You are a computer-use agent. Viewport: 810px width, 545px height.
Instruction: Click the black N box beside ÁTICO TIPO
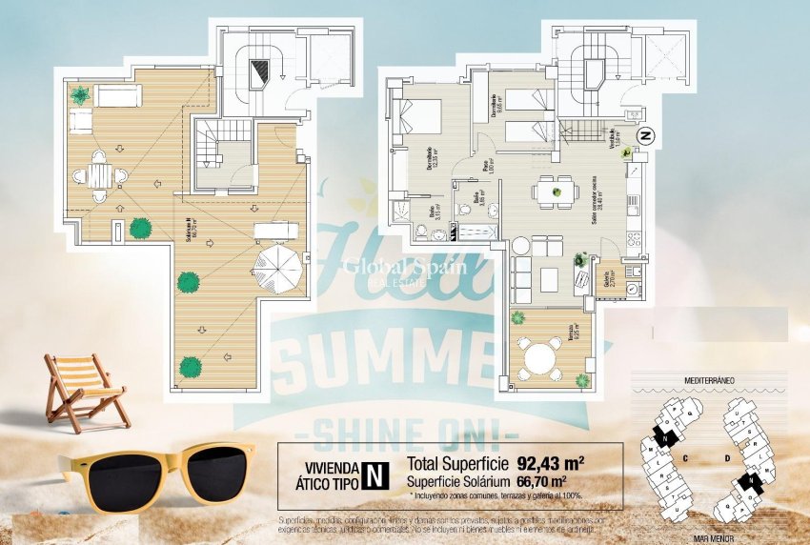tap(378, 474)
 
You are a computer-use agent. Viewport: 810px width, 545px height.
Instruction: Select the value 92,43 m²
tap(550, 465)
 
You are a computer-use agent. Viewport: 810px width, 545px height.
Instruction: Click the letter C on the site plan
tap(685, 456)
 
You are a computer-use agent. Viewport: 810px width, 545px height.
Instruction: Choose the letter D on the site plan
tap(725, 456)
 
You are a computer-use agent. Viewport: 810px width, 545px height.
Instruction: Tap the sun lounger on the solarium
tap(276, 229)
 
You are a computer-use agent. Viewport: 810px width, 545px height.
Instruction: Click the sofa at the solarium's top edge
tap(118, 95)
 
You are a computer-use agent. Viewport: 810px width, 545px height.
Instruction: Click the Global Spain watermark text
tap(404, 268)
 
